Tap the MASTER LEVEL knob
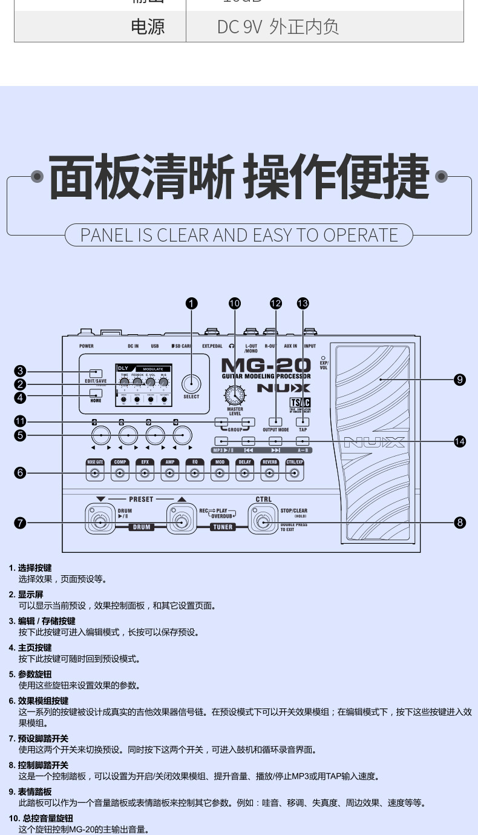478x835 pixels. [x=235, y=396]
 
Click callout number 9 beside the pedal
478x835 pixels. [x=460, y=380]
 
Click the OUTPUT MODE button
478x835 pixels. [x=275, y=421]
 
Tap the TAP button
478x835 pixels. [x=303, y=421]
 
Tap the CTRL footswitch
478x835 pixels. [x=263, y=522]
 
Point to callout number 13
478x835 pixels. [x=303, y=303]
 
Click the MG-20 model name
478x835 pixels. [x=266, y=366]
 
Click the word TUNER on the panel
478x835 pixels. [x=222, y=527]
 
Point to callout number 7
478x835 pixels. [x=21, y=523]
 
